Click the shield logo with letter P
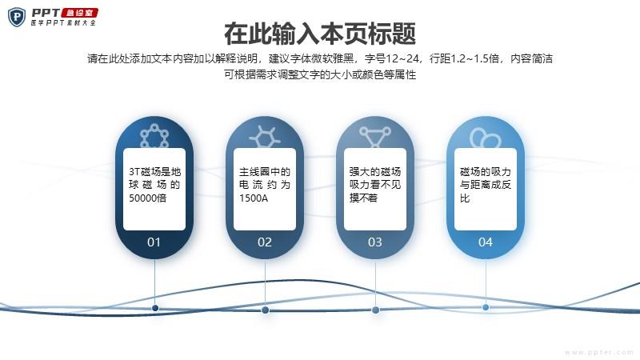pyautogui.click(x=17, y=17)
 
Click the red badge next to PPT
pyautogui.click(x=79, y=13)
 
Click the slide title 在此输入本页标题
pyautogui.click(x=320, y=34)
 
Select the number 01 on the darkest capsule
pyautogui.click(x=154, y=242)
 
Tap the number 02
pyautogui.click(x=265, y=242)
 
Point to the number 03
pyautogui.click(x=374, y=242)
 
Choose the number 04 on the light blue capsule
pyautogui.click(x=486, y=242)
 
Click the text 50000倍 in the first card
pyautogui.click(x=148, y=198)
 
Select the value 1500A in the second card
pyautogui.click(x=254, y=198)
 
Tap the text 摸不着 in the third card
pyautogui.click(x=363, y=198)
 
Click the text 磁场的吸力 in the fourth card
pyautogui.click(x=486, y=172)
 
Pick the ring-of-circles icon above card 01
pyautogui.click(x=154, y=136)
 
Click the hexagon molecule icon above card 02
pyautogui.click(x=265, y=136)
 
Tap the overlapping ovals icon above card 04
pyautogui.click(x=485, y=138)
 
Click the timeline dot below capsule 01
pyautogui.click(x=155, y=308)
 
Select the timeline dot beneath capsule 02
pyautogui.click(x=265, y=310)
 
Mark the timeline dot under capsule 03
pyautogui.click(x=375, y=310)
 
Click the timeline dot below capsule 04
pyautogui.click(x=486, y=307)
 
